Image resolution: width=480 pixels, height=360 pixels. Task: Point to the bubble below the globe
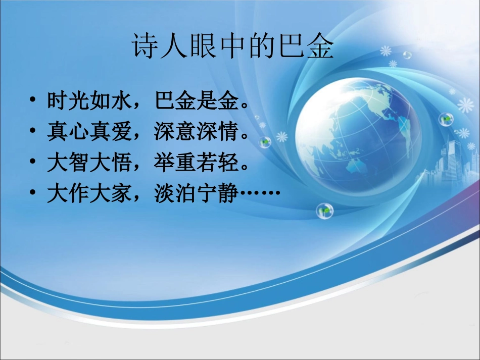click(324, 211)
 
